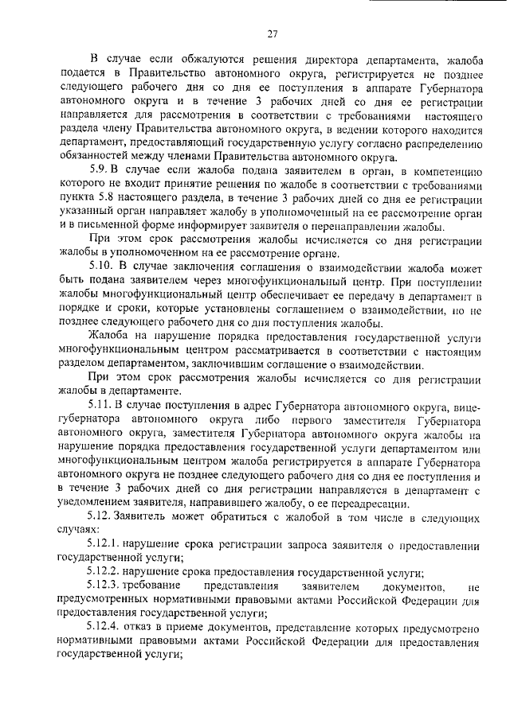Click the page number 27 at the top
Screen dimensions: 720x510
271,34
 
